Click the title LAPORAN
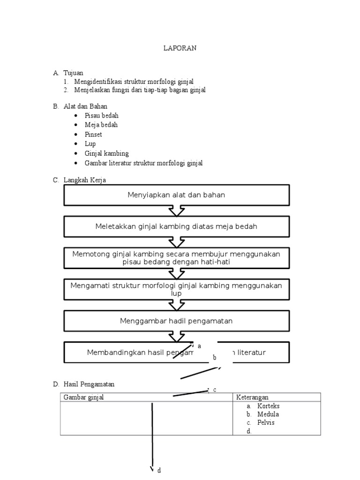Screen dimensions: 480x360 [x=180, y=48]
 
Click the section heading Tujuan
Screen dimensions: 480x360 [x=73, y=73]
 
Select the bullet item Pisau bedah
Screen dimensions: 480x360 [x=101, y=115]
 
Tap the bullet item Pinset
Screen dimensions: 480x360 [x=93, y=135]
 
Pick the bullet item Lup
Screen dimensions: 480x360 [x=90, y=144]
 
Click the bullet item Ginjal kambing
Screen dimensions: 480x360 [x=106, y=153]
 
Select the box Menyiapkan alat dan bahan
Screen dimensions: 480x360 [x=176, y=195]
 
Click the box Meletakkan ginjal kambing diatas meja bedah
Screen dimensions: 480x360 [x=176, y=226]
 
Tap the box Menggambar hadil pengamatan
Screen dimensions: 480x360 [x=176, y=321]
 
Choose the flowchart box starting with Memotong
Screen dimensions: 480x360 [x=176, y=258]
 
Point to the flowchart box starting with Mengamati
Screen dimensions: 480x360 [x=176, y=289]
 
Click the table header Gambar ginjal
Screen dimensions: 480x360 [x=83, y=397]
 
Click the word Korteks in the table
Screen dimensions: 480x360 [x=268, y=406]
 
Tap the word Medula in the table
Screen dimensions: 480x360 [x=268, y=414]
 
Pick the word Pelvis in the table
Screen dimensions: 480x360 [x=266, y=422]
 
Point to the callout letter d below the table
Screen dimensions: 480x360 [x=159, y=470]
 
